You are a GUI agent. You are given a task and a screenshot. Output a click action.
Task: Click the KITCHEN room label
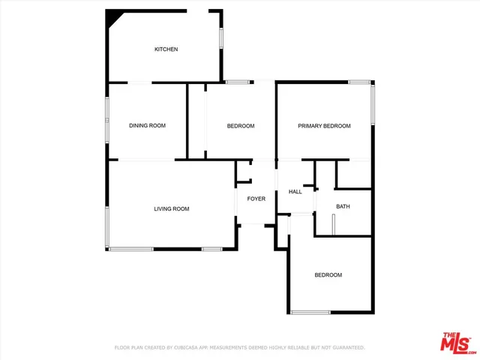click(x=166, y=49)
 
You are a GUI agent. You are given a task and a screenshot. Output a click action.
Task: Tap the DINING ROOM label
click(x=147, y=125)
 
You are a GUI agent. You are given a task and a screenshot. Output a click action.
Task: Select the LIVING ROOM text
click(x=172, y=208)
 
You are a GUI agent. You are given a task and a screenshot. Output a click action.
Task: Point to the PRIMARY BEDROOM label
click(x=324, y=126)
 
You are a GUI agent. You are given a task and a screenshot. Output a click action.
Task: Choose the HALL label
click(x=295, y=192)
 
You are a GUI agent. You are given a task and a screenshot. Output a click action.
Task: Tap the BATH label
click(x=343, y=206)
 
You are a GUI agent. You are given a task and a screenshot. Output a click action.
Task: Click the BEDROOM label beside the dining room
click(x=241, y=126)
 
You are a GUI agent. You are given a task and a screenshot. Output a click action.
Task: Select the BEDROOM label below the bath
click(x=328, y=275)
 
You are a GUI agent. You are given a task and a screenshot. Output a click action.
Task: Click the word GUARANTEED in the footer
click(x=346, y=347)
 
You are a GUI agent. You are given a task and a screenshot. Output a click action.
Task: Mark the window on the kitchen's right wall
click(x=220, y=39)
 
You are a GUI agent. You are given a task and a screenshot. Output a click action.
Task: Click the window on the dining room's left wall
click(x=106, y=119)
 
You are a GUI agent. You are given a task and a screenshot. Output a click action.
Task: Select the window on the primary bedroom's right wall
click(x=373, y=105)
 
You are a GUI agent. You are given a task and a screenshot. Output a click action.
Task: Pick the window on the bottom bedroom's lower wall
click(x=310, y=312)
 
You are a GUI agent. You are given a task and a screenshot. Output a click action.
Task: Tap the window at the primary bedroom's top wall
click(x=359, y=82)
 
